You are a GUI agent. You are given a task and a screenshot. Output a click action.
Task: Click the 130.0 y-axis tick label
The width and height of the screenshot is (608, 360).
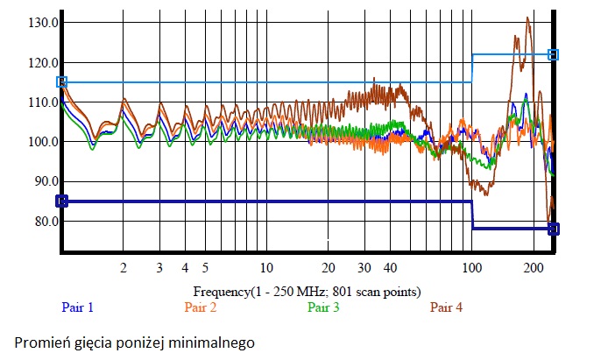pos(41,23)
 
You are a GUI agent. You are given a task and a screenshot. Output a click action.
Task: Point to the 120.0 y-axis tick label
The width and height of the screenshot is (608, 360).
pos(41,63)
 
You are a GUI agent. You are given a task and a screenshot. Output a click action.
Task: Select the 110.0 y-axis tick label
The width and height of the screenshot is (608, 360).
pos(41,102)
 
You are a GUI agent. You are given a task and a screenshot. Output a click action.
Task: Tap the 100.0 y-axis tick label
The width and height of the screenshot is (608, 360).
pos(41,142)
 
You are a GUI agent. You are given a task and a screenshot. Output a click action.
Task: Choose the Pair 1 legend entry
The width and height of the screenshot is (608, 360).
pos(77,307)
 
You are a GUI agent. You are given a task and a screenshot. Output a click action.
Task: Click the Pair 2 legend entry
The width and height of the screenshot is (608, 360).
pos(201,307)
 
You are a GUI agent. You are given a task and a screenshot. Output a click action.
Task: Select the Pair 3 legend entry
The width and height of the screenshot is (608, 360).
pos(323,307)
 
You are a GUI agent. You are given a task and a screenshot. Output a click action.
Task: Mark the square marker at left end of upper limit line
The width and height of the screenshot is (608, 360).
pos(61,81)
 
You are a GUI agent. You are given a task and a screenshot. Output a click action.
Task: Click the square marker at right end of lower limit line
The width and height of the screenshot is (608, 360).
pos(554,229)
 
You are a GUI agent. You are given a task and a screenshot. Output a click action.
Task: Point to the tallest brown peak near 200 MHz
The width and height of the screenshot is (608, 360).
pos(527,18)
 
